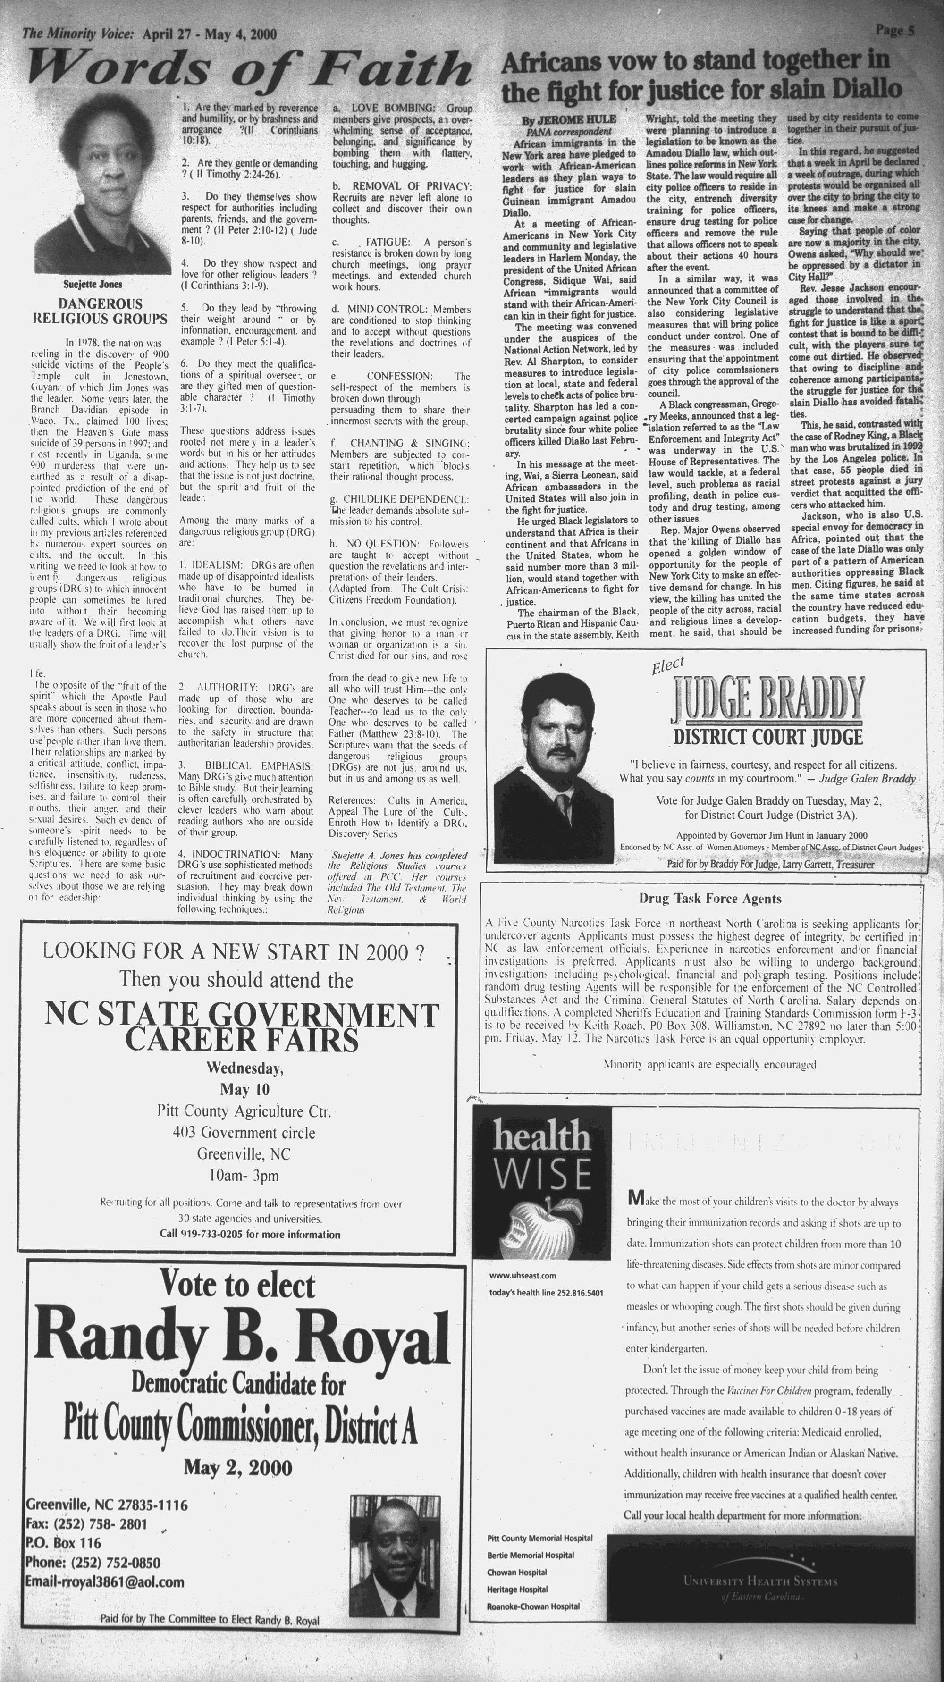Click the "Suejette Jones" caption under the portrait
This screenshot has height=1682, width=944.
click(x=93, y=284)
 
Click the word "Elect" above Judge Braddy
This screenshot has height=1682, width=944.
click(x=667, y=665)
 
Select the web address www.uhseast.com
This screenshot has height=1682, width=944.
click(x=523, y=1275)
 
